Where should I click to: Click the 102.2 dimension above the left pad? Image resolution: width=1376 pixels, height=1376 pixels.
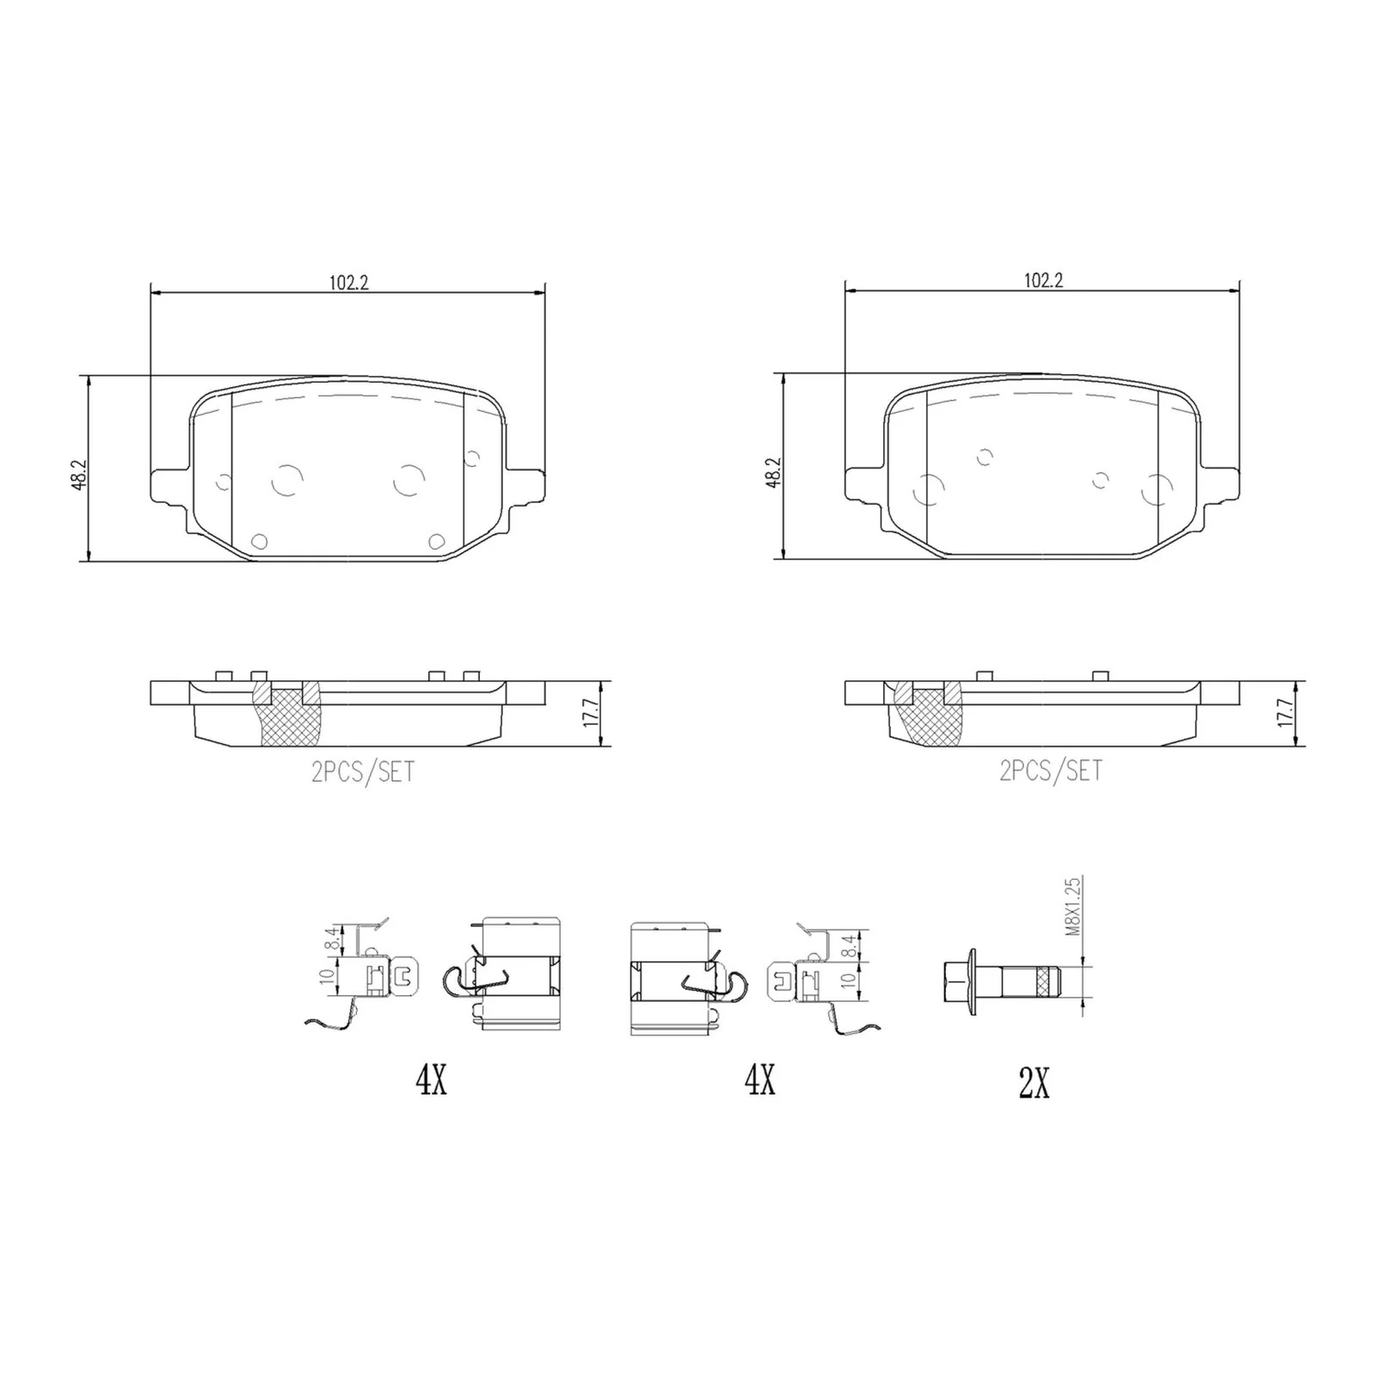[x=348, y=282]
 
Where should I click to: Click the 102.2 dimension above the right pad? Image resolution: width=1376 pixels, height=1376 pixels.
[x=1043, y=280]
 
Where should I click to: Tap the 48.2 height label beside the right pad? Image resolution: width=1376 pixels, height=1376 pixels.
[x=772, y=473]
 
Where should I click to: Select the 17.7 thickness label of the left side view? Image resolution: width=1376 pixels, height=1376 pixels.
[x=590, y=713]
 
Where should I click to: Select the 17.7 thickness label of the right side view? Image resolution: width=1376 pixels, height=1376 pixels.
[x=1285, y=713]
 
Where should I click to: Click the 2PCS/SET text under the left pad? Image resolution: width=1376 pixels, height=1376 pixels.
[x=363, y=771]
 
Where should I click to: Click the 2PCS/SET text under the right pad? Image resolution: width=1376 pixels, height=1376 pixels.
[x=1050, y=771]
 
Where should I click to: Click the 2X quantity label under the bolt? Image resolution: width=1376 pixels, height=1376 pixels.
[x=1034, y=1084]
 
